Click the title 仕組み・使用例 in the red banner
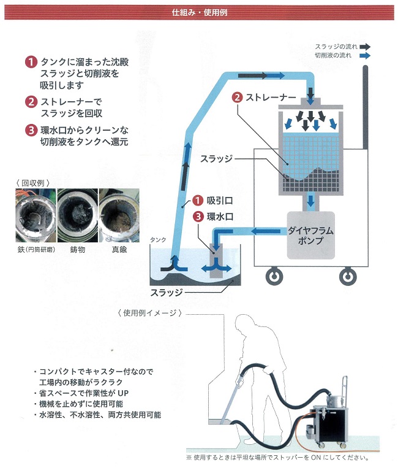click(x=198, y=11)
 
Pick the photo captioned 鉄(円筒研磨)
click(x=31, y=218)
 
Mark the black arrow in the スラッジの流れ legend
click(x=365, y=46)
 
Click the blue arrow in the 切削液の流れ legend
click(x=365, y=55)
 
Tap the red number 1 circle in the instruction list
click(x=31, y=62)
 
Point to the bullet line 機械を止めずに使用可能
click(x=80, y=404)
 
